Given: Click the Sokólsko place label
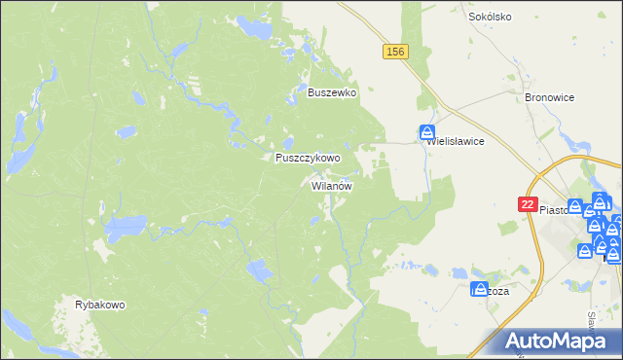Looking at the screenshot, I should click(490, 17).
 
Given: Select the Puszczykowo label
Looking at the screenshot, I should click(308, 158).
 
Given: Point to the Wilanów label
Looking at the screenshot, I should click(331, 185).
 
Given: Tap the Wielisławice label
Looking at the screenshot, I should click(457, 140).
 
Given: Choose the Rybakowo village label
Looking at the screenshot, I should click(100, 305).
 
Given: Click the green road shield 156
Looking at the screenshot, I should click(394, 52).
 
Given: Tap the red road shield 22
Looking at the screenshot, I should click(527, 204).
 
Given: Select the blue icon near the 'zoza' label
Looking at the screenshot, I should click(478, 289).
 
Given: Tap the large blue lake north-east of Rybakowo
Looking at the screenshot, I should click(125, 231).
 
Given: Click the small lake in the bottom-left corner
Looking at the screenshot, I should click(14, 322).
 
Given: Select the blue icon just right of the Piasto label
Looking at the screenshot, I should click(575, 207).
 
